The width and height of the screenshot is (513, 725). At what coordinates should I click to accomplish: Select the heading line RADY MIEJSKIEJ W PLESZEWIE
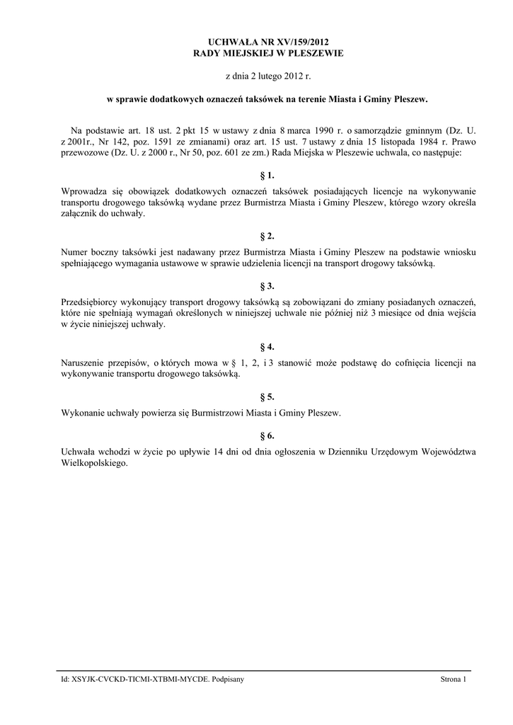point(267,54)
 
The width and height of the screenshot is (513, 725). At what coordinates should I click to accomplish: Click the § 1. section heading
point(267,175)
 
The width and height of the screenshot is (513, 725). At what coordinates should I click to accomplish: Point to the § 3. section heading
point(267,286)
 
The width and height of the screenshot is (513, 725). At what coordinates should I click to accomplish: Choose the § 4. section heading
point(267,347)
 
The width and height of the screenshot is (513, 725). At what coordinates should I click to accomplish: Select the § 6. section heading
point(267,435)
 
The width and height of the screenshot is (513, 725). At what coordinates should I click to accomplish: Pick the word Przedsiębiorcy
point(90,302)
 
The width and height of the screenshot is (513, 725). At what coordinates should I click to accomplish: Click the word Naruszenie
point(83,363)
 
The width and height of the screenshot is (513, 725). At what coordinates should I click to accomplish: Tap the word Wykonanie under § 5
point(83,413)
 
